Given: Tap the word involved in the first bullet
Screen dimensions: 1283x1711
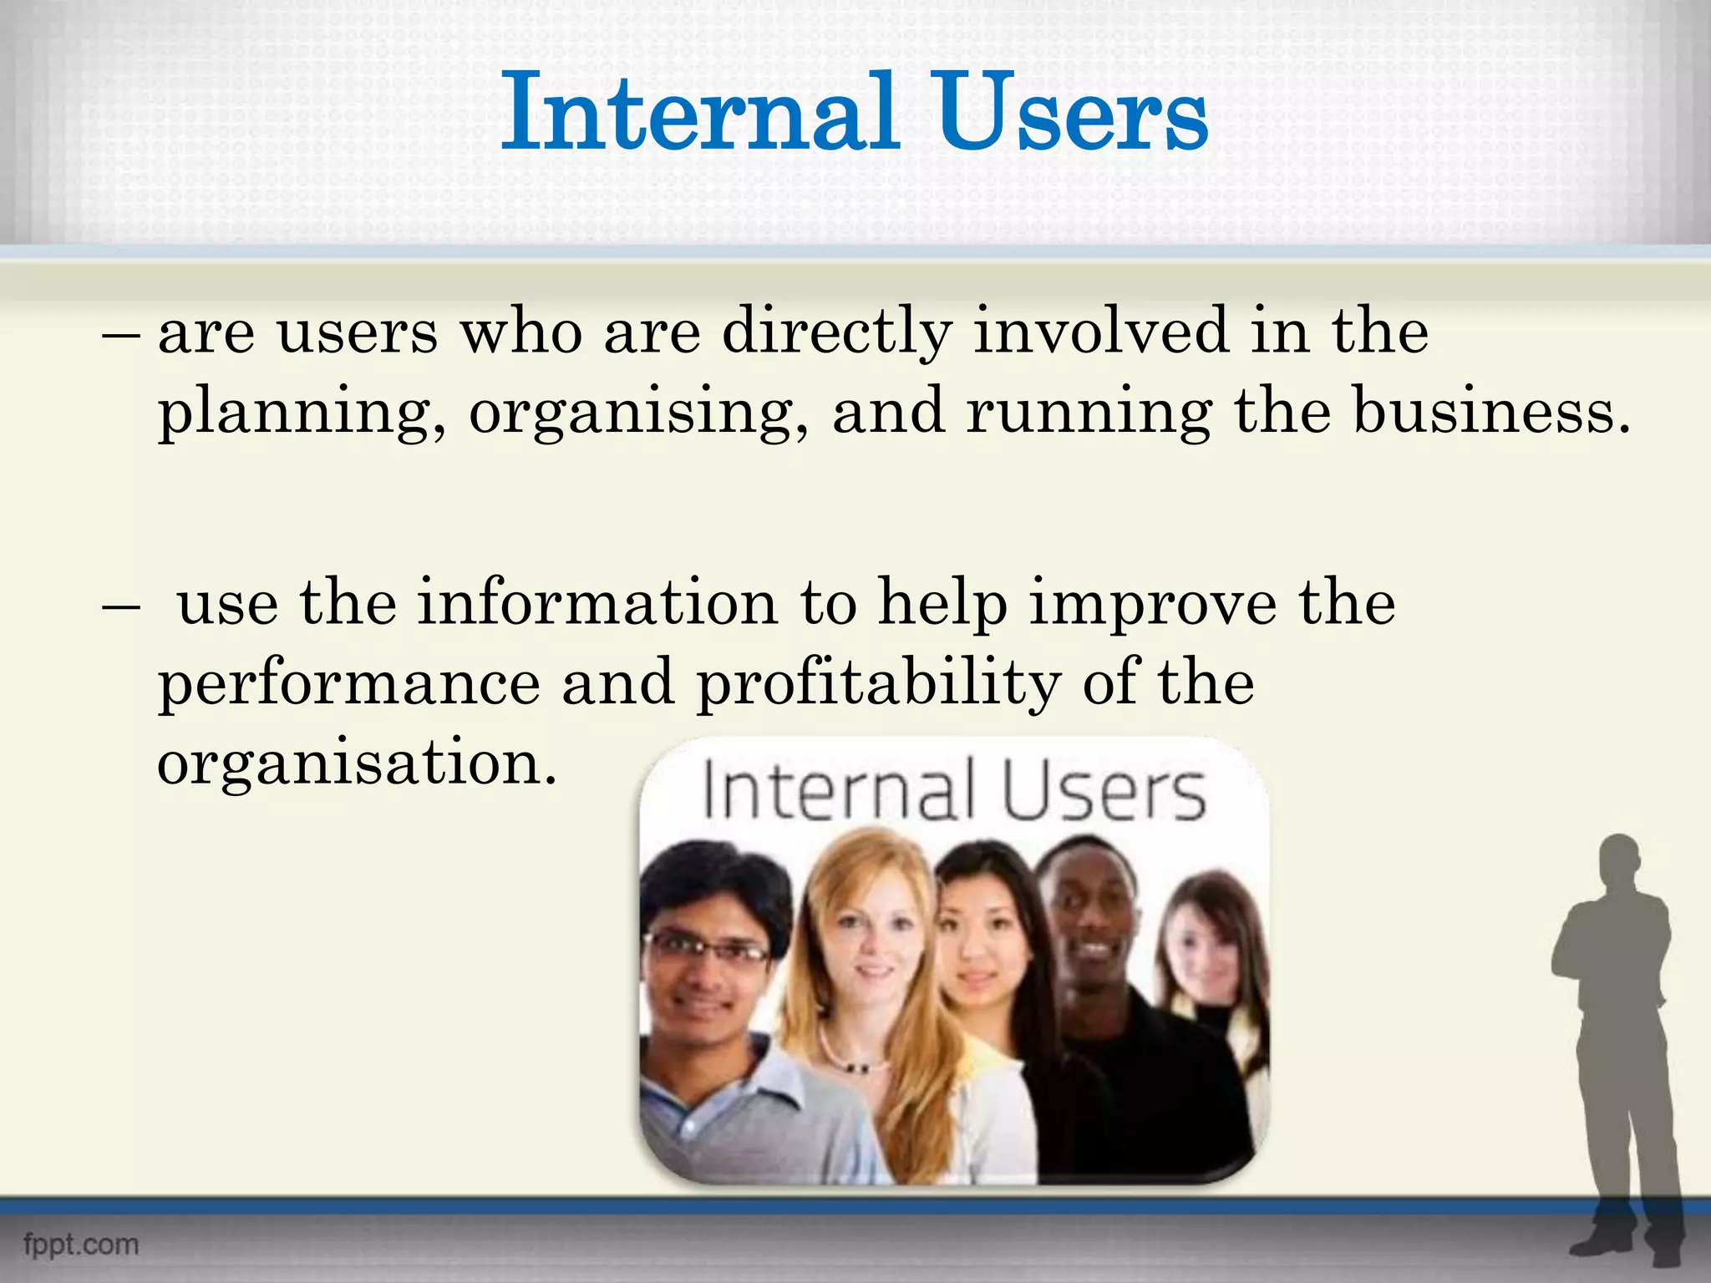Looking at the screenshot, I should point(1101,331).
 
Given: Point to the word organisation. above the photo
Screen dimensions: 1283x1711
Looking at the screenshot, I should point(357,763).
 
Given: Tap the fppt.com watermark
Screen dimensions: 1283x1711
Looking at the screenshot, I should point(81,1244).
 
